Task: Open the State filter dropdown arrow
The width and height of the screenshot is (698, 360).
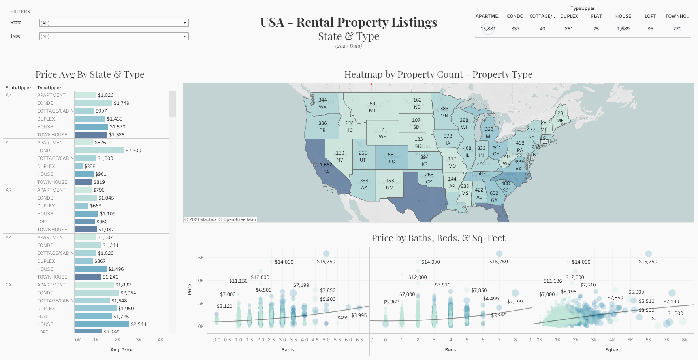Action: click(184, 23)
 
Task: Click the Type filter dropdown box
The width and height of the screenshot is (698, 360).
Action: click(114, 36)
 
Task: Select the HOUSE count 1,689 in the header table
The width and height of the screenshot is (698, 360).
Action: click(623, 29)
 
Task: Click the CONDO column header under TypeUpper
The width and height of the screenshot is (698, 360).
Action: click(515, 16)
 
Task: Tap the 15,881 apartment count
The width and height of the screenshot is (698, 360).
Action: click(488, 29)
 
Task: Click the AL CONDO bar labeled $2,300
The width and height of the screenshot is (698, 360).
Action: click(99, 151)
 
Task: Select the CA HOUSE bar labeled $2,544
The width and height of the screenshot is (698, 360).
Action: click(102, 324)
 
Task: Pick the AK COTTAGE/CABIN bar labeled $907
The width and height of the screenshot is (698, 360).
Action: click(84, 111)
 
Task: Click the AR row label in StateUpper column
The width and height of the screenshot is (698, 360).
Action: click(9, 190)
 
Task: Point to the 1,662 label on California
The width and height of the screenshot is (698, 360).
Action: click(326, 165)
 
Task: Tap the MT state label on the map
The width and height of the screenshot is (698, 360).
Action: click(372, 111)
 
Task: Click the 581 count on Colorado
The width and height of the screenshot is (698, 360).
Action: click(392, 155)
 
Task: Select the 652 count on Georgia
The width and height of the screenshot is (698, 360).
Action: click(494, 193)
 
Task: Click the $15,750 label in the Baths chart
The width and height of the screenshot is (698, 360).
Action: click(326, 262)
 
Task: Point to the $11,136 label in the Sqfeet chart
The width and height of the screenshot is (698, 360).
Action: click(552, 281)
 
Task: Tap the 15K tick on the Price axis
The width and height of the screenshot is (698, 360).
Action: click(199, 258)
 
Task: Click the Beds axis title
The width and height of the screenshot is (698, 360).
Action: click(450, 350)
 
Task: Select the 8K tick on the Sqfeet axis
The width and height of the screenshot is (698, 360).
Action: click(685, 340)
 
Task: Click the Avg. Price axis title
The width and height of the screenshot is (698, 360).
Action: click(121, 350)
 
